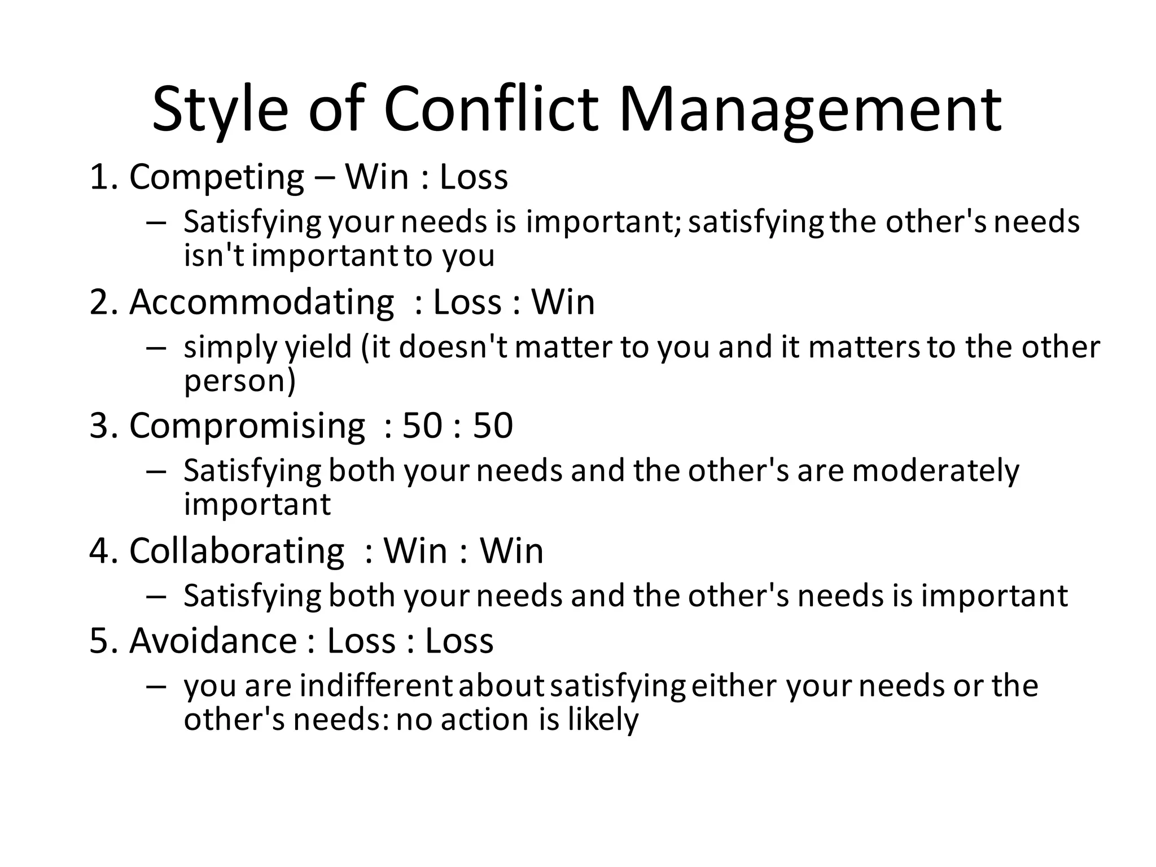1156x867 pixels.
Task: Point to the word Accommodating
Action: pyautogui.click(x=261, y=303)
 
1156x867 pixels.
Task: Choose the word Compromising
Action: pyautogui.click(x=247, y=426)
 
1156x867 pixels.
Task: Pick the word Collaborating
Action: pyautogui.click(x=237, y=551)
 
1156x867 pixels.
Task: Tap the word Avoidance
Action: pyautogui.click(x=213, y=641)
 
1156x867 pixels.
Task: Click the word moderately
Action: pyautogui.click(x=935, y=471)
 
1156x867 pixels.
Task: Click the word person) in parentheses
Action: pyautogui.click(x=240, y=382)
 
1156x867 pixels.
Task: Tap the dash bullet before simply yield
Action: pyautogui.click(x=155, y=348)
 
